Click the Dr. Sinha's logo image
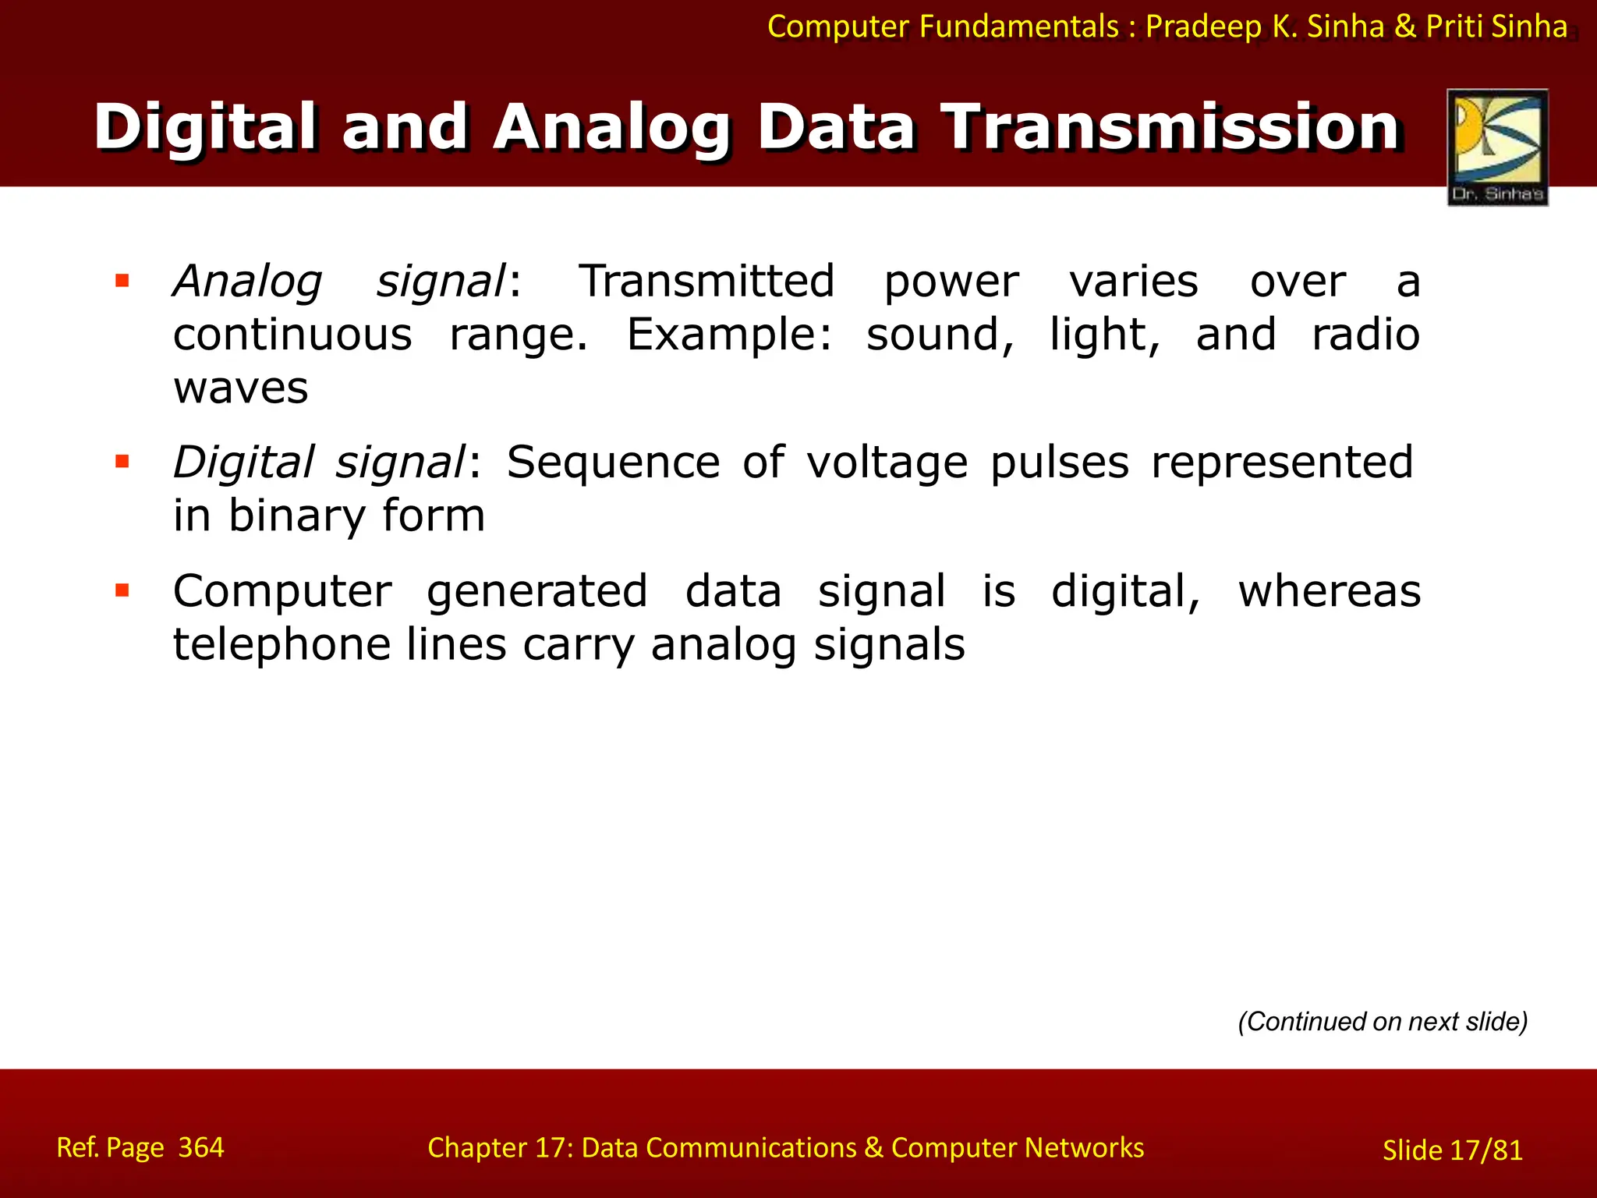(1497, 147)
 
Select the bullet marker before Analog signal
(122, 281)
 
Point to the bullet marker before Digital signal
(122, 462)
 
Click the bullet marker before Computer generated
(122, 590)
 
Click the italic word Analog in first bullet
(247, 281)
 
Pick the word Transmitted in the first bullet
(706, 281)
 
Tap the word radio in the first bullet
(1365, 335)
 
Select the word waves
(241, 388)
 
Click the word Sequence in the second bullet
(613, 462)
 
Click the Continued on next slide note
(1383, 1021)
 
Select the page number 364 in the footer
(201, 1147)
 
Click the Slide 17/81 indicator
(1452, 1150)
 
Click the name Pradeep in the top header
(1203, 27)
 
